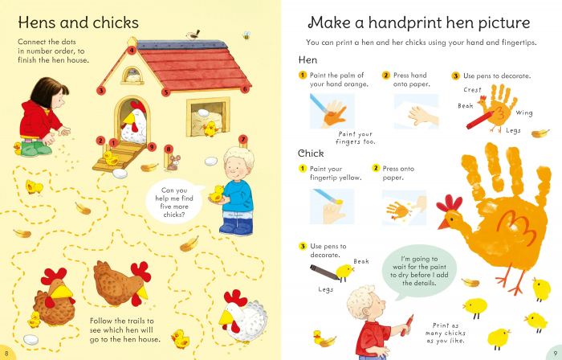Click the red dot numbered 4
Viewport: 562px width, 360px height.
click(x=132, y=51)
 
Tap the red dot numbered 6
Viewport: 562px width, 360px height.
click(x=245, y=89)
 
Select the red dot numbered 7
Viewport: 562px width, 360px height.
click(x=243, y=139)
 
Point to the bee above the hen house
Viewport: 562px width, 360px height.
click(x=246, y=35)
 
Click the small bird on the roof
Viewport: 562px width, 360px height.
click(x=193, y=35)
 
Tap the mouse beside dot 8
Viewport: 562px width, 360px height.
click(x=174, y=163)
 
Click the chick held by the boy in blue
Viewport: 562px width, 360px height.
click(x=217, y=194)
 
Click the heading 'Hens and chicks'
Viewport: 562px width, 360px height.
click(x=78, y=22)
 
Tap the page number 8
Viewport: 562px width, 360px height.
click(x=6, y=354)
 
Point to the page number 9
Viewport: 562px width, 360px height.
click(x=555, y=354)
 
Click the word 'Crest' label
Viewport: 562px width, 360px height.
click(x=472, y=90)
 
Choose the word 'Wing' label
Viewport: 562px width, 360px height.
click(x=524, y=113)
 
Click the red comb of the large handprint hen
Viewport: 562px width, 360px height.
click(x=449, y=203)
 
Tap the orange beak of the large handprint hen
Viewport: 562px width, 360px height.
click(x=443, y=224)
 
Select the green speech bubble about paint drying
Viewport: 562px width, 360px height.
click(x=419, y=272)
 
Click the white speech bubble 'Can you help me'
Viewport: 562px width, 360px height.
click(x=174, y=202)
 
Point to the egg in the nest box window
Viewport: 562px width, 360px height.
click(x=203, y=112)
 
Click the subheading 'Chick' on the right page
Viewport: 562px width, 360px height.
click(x=311, y=153)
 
